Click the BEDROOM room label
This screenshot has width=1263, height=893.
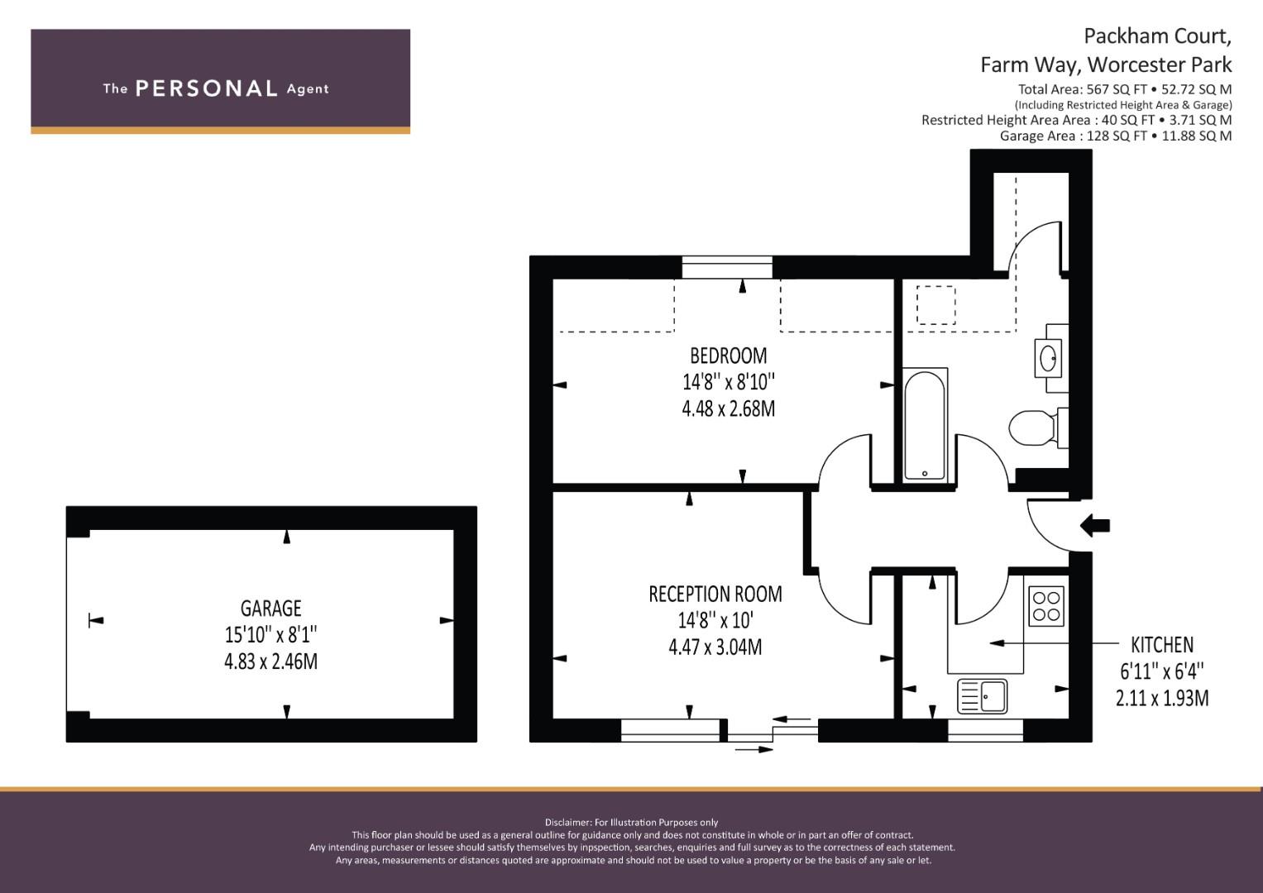click(x=729, y=356)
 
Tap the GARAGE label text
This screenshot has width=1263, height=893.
click(x=270, y=609)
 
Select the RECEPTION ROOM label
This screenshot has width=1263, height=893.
click(x=715, y=595)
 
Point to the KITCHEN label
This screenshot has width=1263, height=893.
click(x=1162, y=644)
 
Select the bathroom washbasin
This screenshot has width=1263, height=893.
click(x=1048, y=358)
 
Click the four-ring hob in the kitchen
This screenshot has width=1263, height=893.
click(x=1046, y=606)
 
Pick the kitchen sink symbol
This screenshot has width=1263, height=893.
click(x=983, y=696)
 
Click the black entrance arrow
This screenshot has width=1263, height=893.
click(x=1095, y=526)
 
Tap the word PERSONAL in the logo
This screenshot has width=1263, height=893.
click(x=207, y=88)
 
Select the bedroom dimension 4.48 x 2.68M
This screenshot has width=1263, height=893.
click(x=729, y=408)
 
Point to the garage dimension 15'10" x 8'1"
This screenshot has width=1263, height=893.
click(x=270, y=635)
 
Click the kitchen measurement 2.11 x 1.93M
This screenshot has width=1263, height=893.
click(x=1162, y=699)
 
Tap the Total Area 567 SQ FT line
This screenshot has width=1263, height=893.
click(x=1125, y=89)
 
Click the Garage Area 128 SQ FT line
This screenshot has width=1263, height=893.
click(x=1116, y=136)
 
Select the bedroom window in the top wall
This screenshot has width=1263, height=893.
click(x=727, y=267)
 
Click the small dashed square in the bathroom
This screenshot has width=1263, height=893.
click(x=936, y=305)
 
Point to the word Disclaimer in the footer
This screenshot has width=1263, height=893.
click(x=567, y=823)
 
